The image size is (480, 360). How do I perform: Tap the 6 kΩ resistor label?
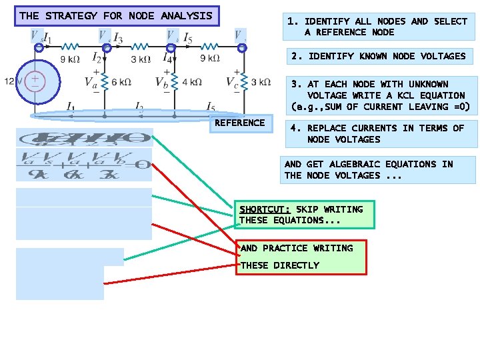pos(122,82)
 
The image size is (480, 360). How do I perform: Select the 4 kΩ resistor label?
pos(191,82)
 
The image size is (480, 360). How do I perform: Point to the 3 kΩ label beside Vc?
pos(261,82)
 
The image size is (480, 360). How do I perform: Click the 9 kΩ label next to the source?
pos(71,59)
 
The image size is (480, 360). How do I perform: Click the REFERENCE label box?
pos(239,123)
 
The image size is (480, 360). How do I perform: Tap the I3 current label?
pos(117,37)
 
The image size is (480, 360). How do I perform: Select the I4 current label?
pos(167,60)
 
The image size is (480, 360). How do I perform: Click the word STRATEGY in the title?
pos(71,15)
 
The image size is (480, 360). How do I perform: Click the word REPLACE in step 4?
pos(329,128)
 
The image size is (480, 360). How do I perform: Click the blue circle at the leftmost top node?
pos(39,47)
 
